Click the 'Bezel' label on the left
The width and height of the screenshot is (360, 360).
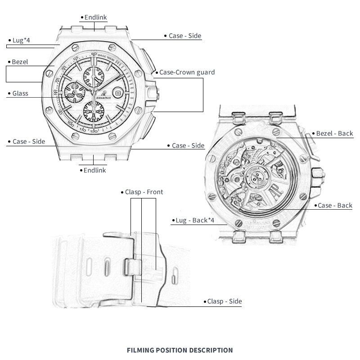[20, 62]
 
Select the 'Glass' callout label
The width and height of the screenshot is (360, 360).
[20, 94]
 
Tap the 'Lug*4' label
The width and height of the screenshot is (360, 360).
[21, 40]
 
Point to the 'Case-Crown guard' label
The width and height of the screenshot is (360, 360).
[187, 72]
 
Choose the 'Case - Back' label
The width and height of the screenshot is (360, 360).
[335, 206]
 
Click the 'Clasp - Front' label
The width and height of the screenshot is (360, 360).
[144, 192]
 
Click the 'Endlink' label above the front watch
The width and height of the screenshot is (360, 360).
[95, 18]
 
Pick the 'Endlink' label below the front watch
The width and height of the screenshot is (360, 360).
[94, 170]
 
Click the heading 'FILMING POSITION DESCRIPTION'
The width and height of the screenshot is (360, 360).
[180, 350]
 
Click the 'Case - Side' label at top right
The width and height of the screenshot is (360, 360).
[184, 36]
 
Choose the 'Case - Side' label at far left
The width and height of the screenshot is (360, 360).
[29, 141]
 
